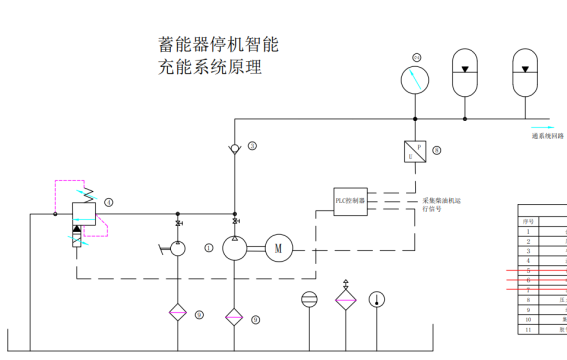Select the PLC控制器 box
tap(350, 200)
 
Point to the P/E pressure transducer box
tap(414, 152)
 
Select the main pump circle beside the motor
tap(235, 247)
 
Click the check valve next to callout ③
tap(235, 148)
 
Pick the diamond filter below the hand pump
tap(178, 313)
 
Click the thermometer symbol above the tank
tap(376, 299)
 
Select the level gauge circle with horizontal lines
tap(309, 299)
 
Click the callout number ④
tap(108, 202)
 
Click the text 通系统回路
tap(548, 135)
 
